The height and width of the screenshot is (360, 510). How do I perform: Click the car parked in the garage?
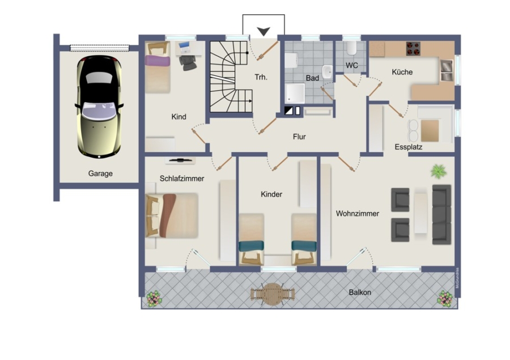[x=99, y=107]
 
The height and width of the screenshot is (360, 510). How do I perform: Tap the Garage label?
[x=100, y=173]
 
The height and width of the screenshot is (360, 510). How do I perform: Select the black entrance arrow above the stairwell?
[x=263, y=31]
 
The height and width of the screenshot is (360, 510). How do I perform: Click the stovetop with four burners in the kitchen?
[x=413, y=49]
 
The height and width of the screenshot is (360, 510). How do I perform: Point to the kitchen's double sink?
[x=447, y=70]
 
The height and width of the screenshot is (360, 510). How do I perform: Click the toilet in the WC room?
[x=351, y=48]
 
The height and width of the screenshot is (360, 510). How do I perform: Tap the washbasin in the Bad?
[x=327, y=71]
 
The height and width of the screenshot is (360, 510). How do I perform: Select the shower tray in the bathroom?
[x=295, y=94]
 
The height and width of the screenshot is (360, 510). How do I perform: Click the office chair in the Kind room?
[x=188, y=62]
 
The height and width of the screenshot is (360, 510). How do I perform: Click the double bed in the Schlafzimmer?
[x=172, y=215]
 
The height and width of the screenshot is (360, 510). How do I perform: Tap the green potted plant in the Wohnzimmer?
[x=439, y=171]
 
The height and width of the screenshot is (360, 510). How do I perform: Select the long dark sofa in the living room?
[x=441, y=214]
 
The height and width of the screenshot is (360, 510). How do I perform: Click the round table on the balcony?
[x=273, y=294]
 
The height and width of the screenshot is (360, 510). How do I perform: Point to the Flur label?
[x=299, y=137]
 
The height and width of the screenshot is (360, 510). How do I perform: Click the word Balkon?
[x=360, y=293]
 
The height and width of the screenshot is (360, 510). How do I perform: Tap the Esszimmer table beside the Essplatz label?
[x=430, y=130]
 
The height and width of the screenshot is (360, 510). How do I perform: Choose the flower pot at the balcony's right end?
[x=445, y=299]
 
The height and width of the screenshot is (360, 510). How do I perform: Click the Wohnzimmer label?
[x=358, y=214]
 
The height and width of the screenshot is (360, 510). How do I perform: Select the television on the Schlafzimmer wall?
[x=180, y=160]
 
